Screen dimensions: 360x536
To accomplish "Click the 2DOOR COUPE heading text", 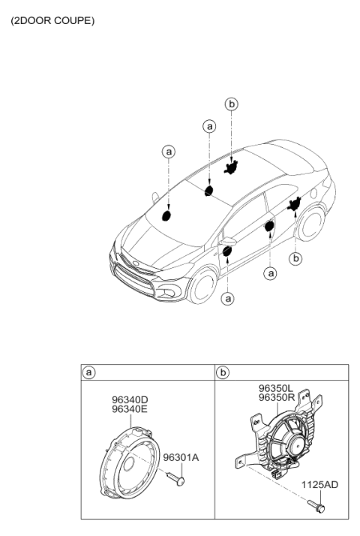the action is click(52, 21).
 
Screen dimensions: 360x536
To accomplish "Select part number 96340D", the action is click(130, 399).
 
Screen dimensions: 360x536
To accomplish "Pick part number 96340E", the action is click(130, 409).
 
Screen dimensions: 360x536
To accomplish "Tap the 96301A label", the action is click(181, 457).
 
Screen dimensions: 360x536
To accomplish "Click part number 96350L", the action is click(276, 388).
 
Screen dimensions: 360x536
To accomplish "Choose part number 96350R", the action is click(277, 398).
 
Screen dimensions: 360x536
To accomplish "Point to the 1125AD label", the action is click(319, 485).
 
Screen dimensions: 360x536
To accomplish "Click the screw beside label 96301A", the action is click(175, 478).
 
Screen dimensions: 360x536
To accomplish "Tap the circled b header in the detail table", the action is click(223, 372).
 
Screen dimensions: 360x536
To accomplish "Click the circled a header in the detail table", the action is click(88, 372).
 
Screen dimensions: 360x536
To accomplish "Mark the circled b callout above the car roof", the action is click(232, 104).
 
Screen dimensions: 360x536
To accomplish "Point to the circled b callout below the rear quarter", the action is click(295, 258).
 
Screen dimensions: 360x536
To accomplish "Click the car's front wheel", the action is click(202, 285).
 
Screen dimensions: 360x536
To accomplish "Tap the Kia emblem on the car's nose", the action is click(136, 263).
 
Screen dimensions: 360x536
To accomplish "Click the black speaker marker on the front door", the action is click(227, 251).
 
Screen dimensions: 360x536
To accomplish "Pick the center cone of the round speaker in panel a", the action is click(129, 464).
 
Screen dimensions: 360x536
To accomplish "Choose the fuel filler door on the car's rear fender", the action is click(315, 193).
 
